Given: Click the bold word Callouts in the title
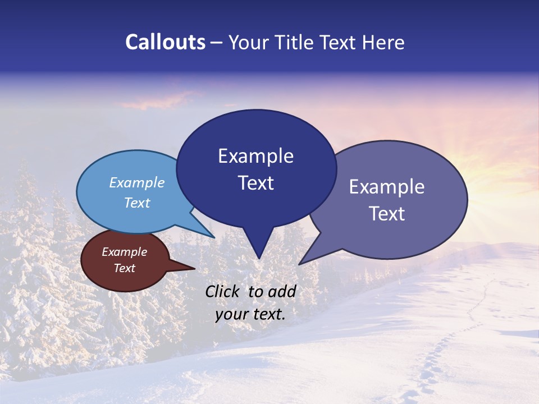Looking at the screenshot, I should (x=165, y=42).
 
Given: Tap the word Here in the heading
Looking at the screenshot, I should (x=383, y=42).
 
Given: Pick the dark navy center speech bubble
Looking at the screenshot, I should (x=256, y=168).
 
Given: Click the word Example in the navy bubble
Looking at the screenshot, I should (x=256, y=156).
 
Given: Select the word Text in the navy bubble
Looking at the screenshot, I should (x=256, y=183).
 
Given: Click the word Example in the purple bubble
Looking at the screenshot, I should (x=387, y=187).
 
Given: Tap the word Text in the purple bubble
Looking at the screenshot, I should (x=387, y=214).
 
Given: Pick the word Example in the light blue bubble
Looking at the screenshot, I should (x=137, y=182).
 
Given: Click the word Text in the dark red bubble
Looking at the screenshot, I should (x=125, y=268).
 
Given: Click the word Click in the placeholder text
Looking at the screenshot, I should (x=223, y=291).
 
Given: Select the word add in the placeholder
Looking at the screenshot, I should (x=282, y=291).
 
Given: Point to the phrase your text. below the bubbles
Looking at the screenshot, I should (x=250, y=314).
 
